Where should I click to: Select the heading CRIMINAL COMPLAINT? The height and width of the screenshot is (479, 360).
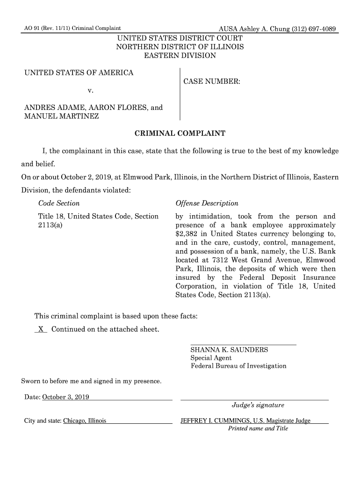point(180,134)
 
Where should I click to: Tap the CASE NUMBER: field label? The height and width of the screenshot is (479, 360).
point(212,82)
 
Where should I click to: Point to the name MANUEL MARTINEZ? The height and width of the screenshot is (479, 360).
point(61,116)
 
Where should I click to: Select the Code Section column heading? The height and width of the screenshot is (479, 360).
point(58,203)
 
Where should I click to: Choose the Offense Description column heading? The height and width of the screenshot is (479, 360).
point(207,203)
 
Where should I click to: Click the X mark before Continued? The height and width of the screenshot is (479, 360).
point(41,330)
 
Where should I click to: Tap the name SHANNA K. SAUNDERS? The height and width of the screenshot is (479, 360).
point(229,350)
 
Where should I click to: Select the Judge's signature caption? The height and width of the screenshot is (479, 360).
point(258,405)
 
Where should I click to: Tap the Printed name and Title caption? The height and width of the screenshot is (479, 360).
point(258,428)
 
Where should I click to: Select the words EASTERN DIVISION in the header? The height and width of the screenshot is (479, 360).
point(180,56)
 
